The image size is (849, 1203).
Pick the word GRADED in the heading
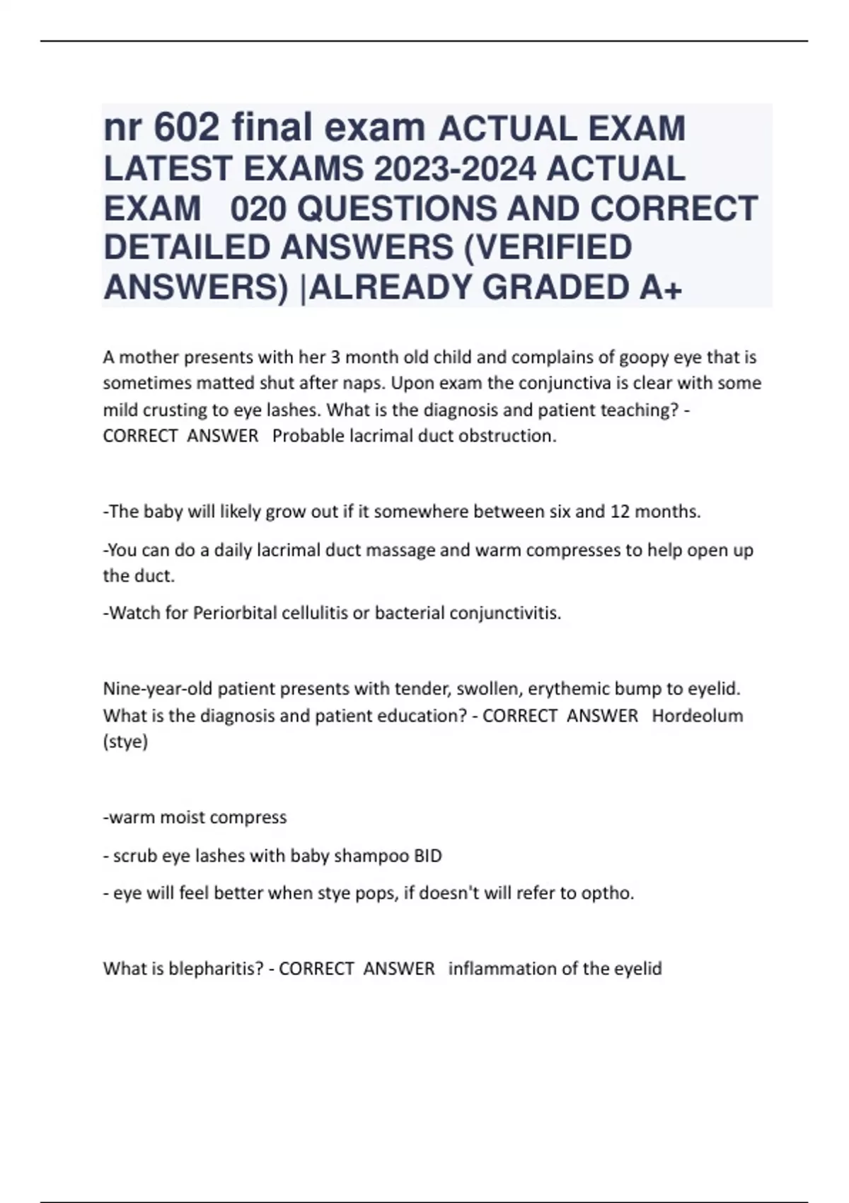(x=553, y=287)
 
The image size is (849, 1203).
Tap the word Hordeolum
(x=697, y=715)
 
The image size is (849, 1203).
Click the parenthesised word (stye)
(x=125, y=742)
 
